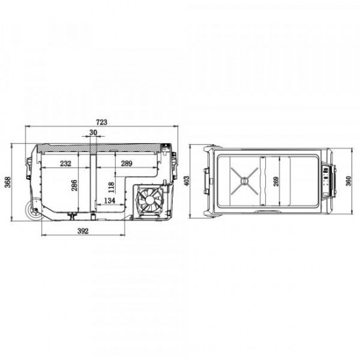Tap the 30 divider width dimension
pos(93,132)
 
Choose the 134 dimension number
pos(111,200)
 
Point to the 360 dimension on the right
pos(348,180)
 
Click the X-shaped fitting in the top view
pos(244,179)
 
